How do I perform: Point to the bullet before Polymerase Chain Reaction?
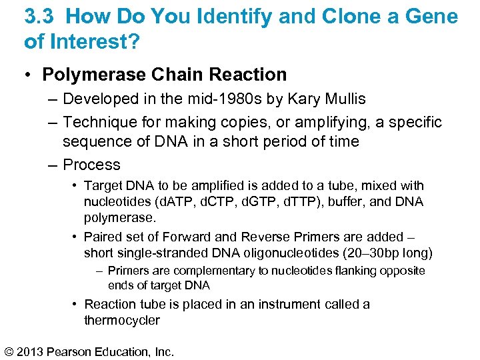click(30, 75)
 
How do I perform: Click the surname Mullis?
click(343, 99)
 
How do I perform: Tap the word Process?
click(91, 165)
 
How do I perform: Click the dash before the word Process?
click(53, 165)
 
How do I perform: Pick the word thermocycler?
click(122, 320)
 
